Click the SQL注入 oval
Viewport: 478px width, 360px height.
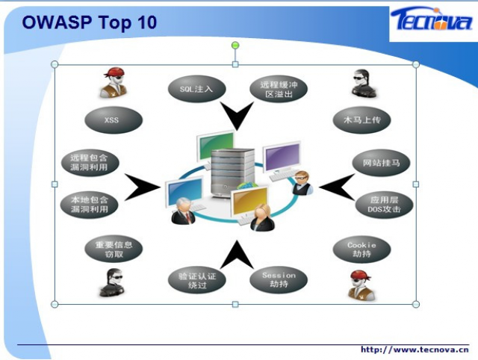(x=196, y=89)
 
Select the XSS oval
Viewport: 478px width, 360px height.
(x=114, y=120)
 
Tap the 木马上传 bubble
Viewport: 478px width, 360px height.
(x=361, y=120)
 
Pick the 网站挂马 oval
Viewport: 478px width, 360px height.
(x=381, y=163)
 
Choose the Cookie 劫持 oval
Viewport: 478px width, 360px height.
(x=361, y=249)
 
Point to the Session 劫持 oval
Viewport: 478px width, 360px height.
(x=279, y=279)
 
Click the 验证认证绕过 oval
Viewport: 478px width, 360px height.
(x=197, y=280)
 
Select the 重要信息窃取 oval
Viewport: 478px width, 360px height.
(x=114, y=249)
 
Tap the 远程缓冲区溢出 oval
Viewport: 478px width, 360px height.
(x=279, y=89)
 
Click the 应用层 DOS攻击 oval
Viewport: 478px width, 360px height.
(x=384, y=205)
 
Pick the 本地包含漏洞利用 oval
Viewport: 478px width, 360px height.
(x=90, y=205)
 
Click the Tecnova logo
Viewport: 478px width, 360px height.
(x=432, y=20)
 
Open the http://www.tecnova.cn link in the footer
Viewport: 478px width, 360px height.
(x=415, y=350)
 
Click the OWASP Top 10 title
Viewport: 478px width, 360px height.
(x=90, y=22)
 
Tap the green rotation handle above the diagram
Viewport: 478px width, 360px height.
(x=235, y=46)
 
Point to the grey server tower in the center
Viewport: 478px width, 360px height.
(x=232, y=173)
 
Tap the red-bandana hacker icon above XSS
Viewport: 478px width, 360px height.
(x=114, y=82)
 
